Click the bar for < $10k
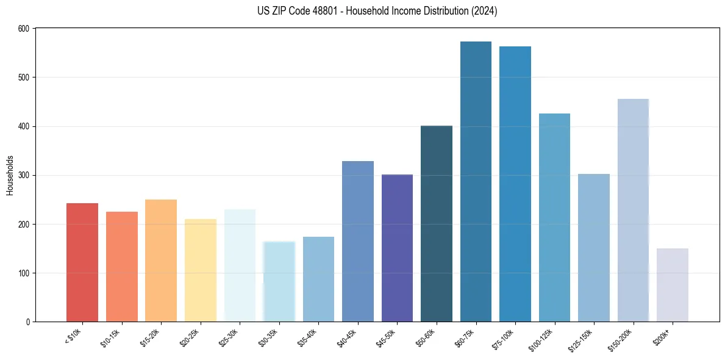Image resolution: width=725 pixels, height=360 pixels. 82,262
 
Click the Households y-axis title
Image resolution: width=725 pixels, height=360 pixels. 10,175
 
